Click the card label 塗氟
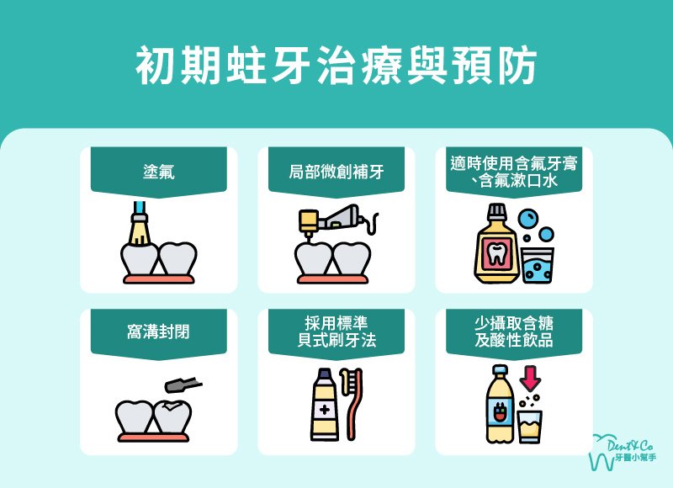pyautogui.click(x=159, y=172)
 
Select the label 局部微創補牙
pyautogui.click(x=336, y=172)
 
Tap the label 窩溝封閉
pyautogui.click(x=159, y=332)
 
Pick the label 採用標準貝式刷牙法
pyautogui.click(x=336, y=332)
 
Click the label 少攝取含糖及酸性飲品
pyautogui.click(x=513, y=332)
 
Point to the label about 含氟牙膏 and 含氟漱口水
pyautogui.click(x=513, y=172)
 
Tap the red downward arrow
pyautogui.click(x=531, y=377)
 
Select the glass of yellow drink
pyautogui.click(x=530, y=426)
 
